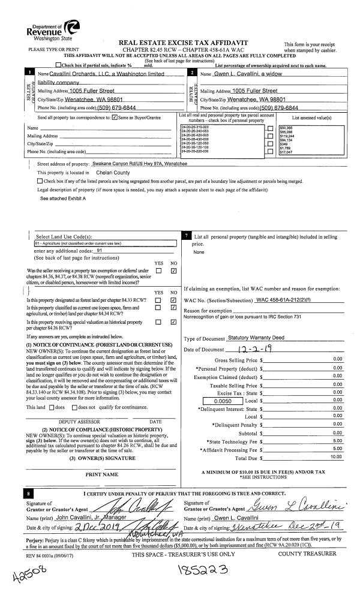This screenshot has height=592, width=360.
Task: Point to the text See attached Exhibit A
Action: click(63, 197)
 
